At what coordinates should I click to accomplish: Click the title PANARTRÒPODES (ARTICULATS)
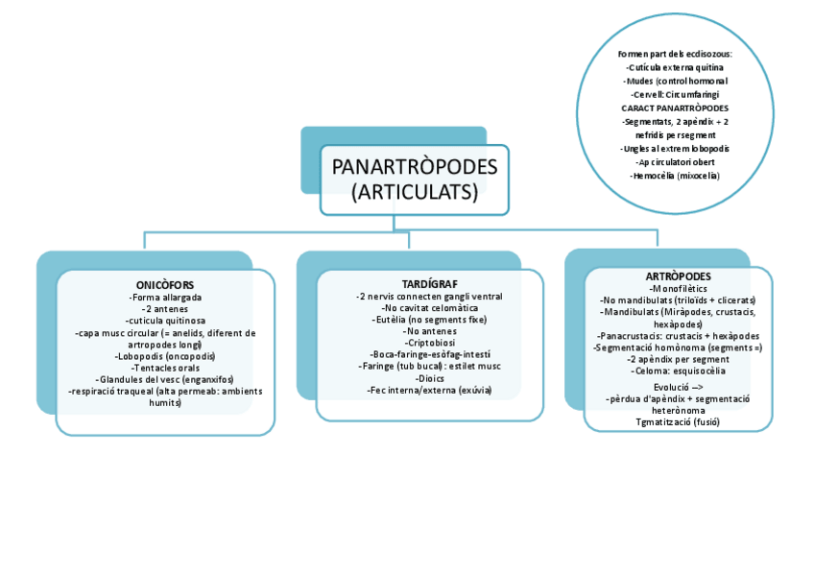(x=415, y=180)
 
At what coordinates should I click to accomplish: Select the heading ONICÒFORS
(x=165, y=285)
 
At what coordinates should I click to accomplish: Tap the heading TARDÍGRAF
(x=429, y=284)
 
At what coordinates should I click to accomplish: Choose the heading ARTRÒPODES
(x=678, y=276)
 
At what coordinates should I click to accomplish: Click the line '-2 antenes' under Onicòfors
(x=165, y=309)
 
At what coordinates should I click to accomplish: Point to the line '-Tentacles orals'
(x=165, y=368)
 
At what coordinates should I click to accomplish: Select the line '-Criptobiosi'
(x=429, y=343)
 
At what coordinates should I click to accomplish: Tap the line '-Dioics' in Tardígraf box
(x=429, y=378)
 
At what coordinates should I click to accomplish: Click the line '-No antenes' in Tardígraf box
(x=429, y=331)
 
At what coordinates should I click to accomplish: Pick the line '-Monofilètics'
(x=678, y=289)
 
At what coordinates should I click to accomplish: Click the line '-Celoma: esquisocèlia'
(x=678, y=371)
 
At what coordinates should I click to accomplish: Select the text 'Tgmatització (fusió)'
(x=678, y=421)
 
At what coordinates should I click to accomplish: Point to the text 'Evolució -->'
(x=678, y=387)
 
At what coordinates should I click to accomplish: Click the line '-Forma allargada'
(x=165, y=298)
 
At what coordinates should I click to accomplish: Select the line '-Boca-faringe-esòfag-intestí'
(x=429, y=355)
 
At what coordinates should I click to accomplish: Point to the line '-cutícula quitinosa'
(x=165, y=321)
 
